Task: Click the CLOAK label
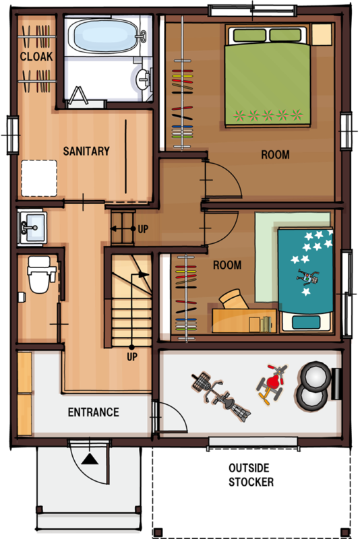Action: (36, 57)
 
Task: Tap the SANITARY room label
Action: (86, 151)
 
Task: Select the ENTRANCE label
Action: (94, 412)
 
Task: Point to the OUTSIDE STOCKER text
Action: (251, 475)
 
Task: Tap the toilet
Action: (41, 274)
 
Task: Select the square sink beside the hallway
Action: (32, 228)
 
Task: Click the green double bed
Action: (268, 76)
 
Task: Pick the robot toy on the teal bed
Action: (308, 277)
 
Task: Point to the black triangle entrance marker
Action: (90, 459)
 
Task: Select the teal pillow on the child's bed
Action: (306, 322)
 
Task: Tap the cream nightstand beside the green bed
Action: (322, 34)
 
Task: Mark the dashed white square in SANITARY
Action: (39, 178)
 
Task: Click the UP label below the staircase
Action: (132, 357)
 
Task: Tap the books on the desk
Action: (266, 324)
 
